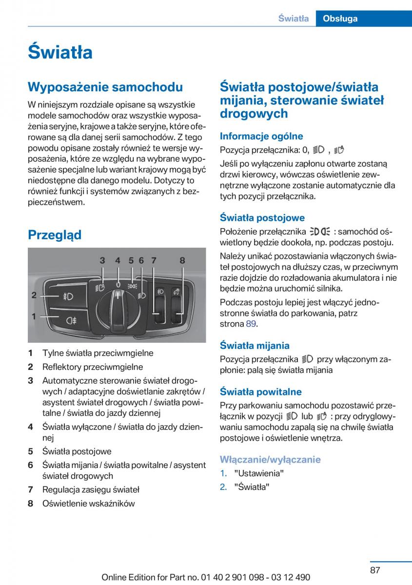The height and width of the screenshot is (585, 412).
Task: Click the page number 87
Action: [374, 570]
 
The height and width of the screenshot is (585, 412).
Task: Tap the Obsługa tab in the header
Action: [340, 19]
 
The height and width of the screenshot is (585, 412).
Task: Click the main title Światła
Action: [60, 52]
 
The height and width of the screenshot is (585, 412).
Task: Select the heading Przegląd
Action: [55, 235]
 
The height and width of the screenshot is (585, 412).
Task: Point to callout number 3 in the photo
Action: [102, 261]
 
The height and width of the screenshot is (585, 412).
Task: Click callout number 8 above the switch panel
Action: [182, 261]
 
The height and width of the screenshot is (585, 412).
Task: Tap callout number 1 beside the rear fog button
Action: [34, 316]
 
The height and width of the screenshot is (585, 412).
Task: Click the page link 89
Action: [251, 324]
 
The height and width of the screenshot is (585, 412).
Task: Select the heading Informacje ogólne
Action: [261, 136]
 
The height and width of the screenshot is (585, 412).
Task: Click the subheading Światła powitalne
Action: [261, 392]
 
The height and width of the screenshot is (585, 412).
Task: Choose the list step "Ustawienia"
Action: [259, 473]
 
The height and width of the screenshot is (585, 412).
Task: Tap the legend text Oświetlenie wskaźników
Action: [89, 504]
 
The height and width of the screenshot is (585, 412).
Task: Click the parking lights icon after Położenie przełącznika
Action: [319, 232]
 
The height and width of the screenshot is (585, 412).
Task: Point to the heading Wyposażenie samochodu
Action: [105, 87]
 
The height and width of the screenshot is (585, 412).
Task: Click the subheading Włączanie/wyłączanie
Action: [270, 459]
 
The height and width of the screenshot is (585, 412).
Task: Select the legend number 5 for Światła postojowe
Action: [30, 451]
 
